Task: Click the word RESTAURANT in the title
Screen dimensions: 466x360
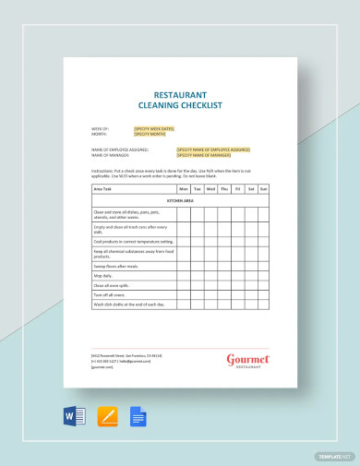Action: click(x=180, y=95)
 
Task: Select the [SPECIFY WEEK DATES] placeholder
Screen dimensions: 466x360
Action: click(x=154, y=128)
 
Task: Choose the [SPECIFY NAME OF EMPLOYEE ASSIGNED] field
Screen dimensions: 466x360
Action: click(x=213, y=149)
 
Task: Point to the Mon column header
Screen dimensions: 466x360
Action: click(x=183, y=188)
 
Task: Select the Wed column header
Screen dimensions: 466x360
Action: click(x=210, y=188)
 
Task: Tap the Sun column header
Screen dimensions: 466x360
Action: click(x=263, y=188)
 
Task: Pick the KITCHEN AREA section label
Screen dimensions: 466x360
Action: click(x=180, y=199)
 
